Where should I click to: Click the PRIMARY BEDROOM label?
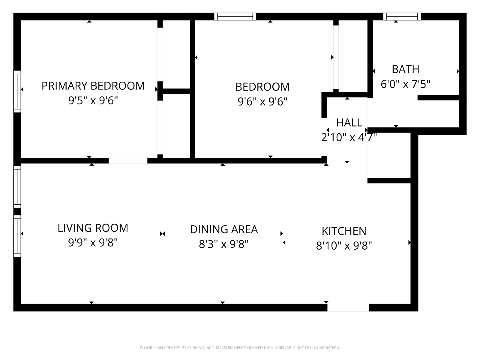coord(93,86)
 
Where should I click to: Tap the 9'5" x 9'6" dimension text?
coord(93,100)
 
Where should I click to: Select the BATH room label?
coord(405,69)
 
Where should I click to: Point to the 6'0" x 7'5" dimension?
coord(405,84)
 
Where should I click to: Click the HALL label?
coord(349,123)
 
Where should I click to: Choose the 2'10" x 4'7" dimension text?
coord(349,137)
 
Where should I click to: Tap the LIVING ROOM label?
coord(93,228)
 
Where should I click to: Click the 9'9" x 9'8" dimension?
coord(93,243)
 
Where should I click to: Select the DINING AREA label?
coord(224,229)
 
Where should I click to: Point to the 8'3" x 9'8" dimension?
coord(224,244)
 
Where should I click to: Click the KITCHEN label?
coord(344,231)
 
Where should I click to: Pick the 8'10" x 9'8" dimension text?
coord(344,246)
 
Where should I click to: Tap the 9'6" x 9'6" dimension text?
coord(262,102)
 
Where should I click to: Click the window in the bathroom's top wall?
coord(402,16)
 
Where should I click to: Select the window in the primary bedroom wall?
coord(17,91)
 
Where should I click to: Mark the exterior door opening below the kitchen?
coord(348,307)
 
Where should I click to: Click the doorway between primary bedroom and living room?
coord(128,161)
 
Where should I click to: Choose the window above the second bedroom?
coord(235,16)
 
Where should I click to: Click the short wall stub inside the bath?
coord(438,98)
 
